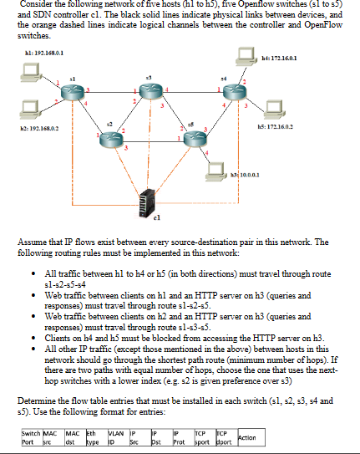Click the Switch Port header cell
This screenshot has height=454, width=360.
tap(32, 437)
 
